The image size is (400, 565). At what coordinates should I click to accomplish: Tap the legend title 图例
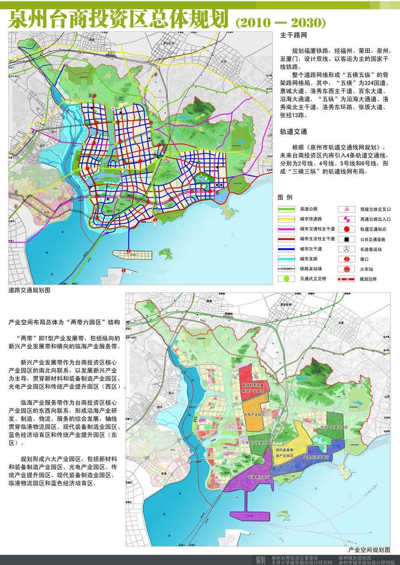click(x=285, y=197)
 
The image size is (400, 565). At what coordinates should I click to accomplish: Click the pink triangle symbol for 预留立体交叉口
click(x=347, y=209)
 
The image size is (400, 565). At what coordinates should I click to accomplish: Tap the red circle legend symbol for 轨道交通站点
click(x=347, y=229)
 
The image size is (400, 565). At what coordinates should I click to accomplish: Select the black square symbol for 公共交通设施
click(x=347, y=239)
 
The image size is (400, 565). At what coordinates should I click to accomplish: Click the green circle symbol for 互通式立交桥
click(x=286, y=279)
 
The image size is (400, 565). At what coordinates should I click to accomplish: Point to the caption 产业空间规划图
click(x=369, y=550)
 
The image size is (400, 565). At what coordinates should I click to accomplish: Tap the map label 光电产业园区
click(x=255, y=415)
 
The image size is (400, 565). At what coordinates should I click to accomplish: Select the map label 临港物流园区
click(x=259, y=477)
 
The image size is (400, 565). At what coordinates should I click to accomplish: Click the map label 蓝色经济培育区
click(x=316, y=457)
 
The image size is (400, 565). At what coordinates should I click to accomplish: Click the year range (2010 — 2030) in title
click(x=281, y=22)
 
